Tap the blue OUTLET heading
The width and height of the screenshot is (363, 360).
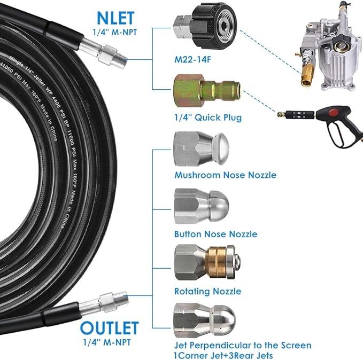click(x=110, y=327)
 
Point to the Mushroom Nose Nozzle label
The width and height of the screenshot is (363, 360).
click(x=225, y=175)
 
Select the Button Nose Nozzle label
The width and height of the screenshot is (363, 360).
click(x=215, y=234)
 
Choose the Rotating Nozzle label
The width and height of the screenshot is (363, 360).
click(x=207, y=292)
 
